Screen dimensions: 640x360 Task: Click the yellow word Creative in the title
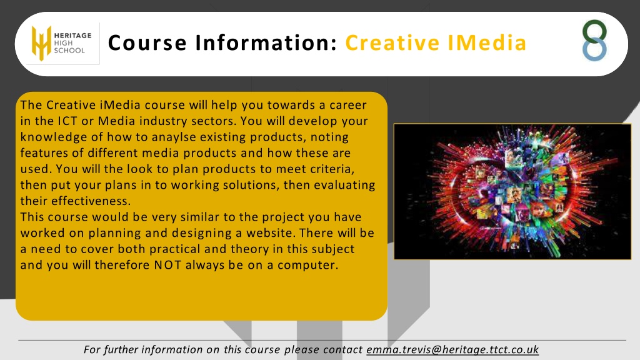[392, 43]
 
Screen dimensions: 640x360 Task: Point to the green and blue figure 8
[594, 41]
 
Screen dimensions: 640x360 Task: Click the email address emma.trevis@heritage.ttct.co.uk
[452, 350]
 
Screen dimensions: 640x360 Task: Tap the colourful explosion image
[512, 191]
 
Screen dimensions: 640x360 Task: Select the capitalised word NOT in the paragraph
[167, 265]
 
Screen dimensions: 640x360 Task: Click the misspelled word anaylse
[174, 137]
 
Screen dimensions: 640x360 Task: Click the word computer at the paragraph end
[307, 265]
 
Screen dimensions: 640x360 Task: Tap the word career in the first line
[348, 105]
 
